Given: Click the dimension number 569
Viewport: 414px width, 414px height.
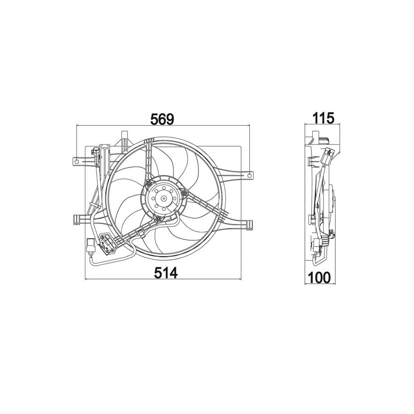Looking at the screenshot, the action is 162,119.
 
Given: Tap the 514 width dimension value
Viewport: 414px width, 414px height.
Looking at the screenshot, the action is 166,273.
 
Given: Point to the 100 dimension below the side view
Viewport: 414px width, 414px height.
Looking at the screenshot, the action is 319,277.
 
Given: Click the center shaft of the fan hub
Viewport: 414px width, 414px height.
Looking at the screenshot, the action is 164,198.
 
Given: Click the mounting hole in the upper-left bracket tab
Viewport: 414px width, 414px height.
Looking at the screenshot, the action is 77,161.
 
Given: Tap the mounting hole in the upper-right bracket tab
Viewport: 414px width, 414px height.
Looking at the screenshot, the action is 250,175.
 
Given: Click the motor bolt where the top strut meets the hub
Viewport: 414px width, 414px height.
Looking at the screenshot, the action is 149,184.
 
